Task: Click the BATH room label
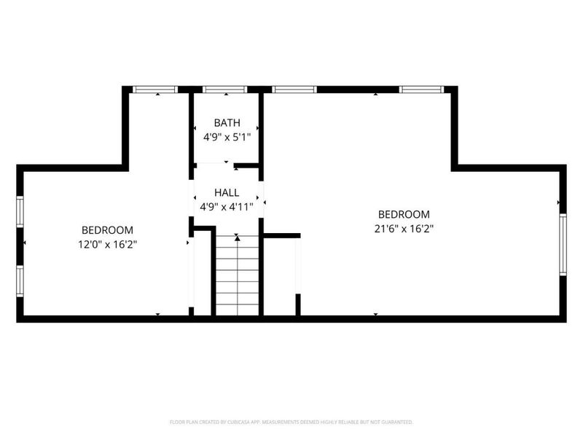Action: click(227, 122)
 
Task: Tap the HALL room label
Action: click(227, 193)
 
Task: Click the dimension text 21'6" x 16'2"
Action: click(404, 228)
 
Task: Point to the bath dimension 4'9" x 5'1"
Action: click(227, 136)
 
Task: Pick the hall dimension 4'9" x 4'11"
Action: click(227, 207)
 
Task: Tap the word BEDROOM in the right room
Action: click(404, 214)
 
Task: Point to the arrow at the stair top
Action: click(237, 238)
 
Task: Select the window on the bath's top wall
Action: click(224, 90)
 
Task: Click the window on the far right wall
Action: click(563, 244)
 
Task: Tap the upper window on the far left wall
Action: click(20, 211)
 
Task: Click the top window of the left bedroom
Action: click(155, 90)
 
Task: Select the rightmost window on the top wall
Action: click(422, 90)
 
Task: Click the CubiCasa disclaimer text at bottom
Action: click(291, 422)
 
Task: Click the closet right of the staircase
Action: click(280, 277)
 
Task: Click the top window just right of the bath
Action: click(294, 90)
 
